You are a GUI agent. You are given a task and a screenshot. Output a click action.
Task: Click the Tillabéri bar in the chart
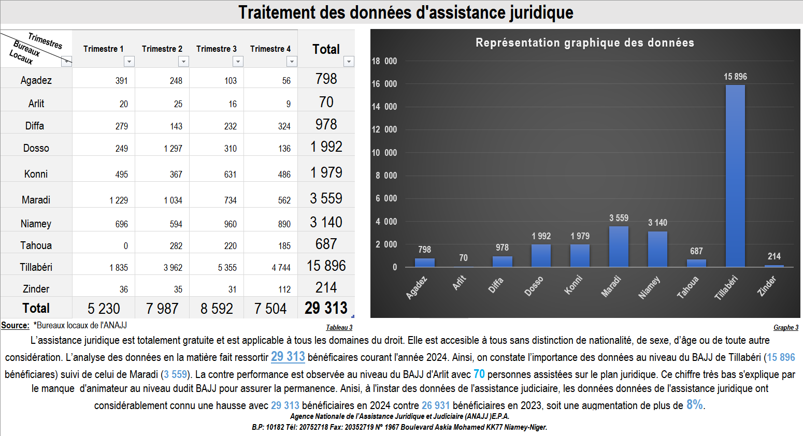tap(735, 176)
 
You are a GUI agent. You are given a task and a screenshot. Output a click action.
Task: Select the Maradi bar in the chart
tap(619, 246)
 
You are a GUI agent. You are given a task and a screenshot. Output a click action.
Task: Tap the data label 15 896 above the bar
tap(735, 77)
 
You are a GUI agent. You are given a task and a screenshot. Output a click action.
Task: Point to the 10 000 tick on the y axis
tap(384, 153)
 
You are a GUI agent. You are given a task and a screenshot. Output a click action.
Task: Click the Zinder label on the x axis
tap(767, 286)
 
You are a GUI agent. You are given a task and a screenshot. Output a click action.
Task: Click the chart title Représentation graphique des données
tap(585, 42)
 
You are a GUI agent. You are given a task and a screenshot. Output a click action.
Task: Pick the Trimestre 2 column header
tap(162, 49)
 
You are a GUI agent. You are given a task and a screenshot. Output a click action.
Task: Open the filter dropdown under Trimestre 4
tap(292, 62)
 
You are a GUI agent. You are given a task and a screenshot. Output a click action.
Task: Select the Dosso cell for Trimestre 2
tap(173, 149)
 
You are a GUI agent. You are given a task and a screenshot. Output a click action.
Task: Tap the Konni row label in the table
tap(36, 174)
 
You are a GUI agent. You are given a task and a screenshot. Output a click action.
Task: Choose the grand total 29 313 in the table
tap(326, 308)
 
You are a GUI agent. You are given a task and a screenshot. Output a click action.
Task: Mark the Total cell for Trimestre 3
tap(217, 309)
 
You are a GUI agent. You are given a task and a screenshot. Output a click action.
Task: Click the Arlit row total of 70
tap(326, 102)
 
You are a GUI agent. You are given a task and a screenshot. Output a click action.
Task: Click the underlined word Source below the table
tap(15, 325)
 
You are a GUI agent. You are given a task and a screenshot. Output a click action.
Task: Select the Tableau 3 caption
tap(339, 328)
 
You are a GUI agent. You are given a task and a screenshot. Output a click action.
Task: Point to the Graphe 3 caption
tap(785, 328)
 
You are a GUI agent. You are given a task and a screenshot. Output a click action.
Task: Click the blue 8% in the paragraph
tap(694, 404)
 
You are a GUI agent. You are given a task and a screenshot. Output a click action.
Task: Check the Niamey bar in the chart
tap(657, 249)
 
